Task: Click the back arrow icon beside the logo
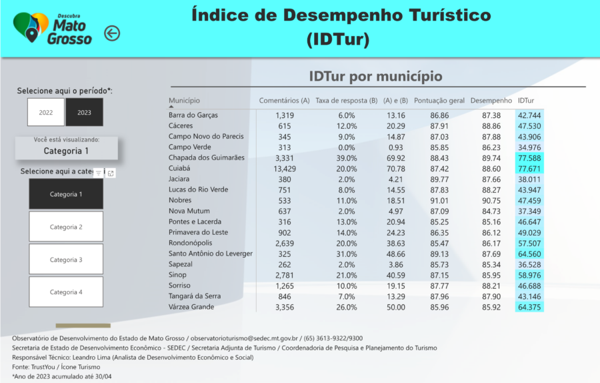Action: click(112, 33)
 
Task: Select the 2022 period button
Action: click(46, 112)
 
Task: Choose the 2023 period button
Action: click(84, 112)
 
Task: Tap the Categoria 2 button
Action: click(66, 227)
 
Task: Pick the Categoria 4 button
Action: click(66, 292)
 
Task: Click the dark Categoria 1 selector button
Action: click(66, 194)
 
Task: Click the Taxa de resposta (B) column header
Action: click(346, 101)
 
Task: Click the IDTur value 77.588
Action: click(529, 157)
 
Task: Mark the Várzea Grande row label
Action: click(191, 307)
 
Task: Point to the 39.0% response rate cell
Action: click(347, 157)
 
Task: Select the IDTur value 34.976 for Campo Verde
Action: click(529, 147)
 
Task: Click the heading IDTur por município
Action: click(375, 76)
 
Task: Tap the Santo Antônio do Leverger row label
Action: click(210, 254)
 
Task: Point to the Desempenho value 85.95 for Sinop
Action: click(491, 275)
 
